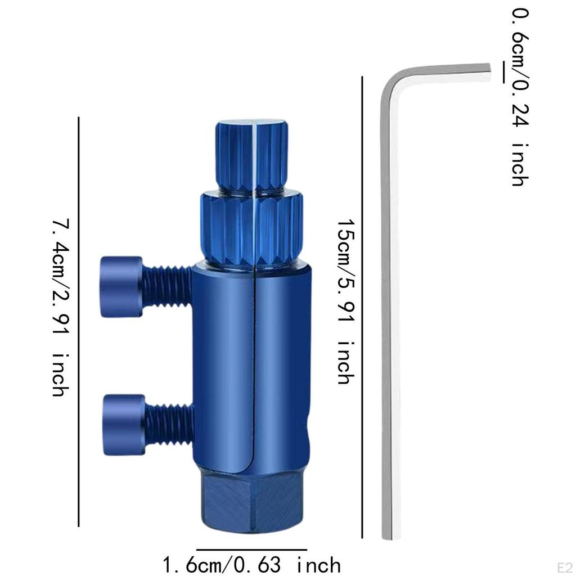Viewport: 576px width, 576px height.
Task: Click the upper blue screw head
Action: pyautogui.click(x=121, y=287)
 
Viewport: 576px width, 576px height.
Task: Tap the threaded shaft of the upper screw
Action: pyautogui.click(x=166, y=286)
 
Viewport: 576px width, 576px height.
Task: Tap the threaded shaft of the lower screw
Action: pyautogui.click(x=169, y=425)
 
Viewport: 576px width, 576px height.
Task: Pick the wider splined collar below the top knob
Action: pyautogui.click(x=251, y=227)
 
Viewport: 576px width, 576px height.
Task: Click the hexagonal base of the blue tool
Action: pyautogui.click(x=252, y=503)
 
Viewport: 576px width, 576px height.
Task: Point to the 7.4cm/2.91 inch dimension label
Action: pyautogui.click(x=61, y=308)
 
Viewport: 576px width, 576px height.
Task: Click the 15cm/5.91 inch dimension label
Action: pyautogui.click(x=346, y=301)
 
